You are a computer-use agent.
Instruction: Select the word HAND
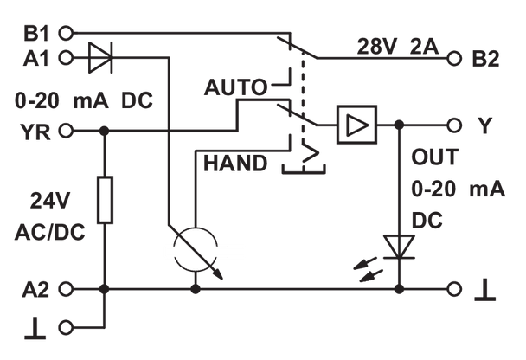point(235,162)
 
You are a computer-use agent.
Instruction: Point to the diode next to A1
point(104,59)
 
